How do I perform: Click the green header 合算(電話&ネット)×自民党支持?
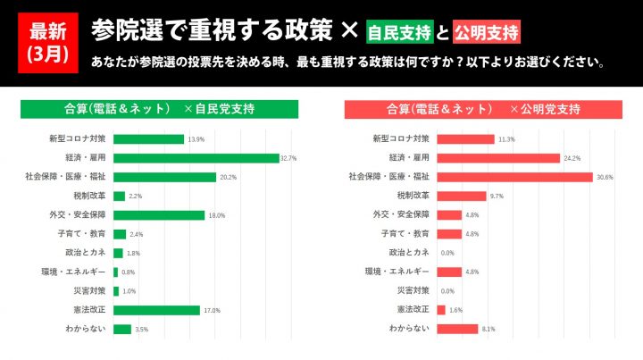162,109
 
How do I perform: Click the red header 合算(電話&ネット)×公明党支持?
483,109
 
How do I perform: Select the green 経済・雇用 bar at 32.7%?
196,158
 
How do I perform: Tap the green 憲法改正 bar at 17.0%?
157,310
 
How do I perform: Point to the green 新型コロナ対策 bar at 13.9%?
149,139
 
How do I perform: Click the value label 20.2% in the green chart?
228,177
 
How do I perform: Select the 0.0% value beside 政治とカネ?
447,253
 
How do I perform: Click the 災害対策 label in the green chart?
89,291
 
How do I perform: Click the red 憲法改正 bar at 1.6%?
441,310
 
